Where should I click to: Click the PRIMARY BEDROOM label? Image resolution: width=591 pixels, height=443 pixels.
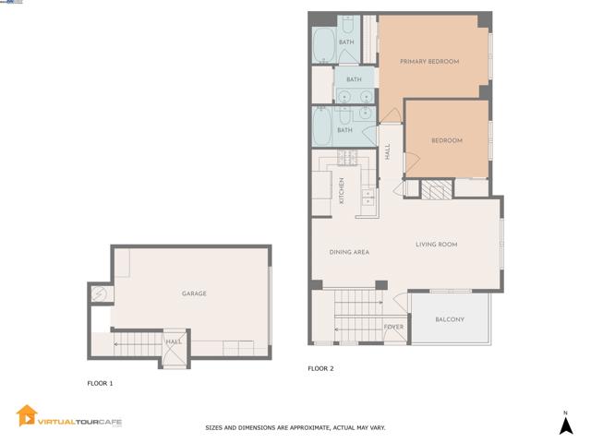(428, 62)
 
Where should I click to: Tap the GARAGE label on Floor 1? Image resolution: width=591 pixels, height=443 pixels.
(194, 293)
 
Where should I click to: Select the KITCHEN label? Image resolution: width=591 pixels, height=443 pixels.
(341, 190)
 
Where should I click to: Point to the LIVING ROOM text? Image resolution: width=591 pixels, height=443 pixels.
(436, 245)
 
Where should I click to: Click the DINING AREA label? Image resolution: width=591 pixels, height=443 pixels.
(349, 251)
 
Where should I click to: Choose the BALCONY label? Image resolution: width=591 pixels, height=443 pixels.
(449, 320)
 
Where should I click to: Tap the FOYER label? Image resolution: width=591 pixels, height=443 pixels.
(392, 327)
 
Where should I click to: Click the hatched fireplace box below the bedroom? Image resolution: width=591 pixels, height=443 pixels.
(434, 189)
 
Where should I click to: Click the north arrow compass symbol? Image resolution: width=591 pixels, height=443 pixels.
(565, 424)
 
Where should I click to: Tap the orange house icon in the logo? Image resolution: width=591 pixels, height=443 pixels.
(27, 415)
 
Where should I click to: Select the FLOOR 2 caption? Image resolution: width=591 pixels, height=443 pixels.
(320, 368)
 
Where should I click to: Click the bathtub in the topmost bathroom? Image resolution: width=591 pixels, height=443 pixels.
(323, 43)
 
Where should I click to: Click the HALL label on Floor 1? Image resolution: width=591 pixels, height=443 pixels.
(173, 342)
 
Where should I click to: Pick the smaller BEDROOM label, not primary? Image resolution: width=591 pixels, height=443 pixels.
(446, 140)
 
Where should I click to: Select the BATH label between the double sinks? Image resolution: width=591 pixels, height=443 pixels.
(354, 80)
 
